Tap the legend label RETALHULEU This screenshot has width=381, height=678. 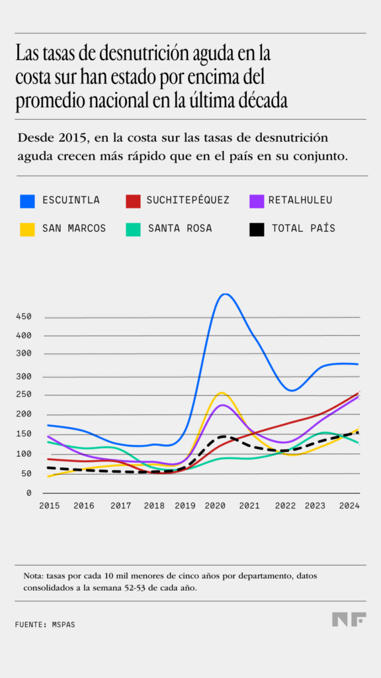tap(300, 200)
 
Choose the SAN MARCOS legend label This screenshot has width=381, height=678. tap(74, 228)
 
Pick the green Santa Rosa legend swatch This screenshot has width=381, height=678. tap(132, 229)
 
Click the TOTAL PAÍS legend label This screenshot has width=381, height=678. tap(304, 228)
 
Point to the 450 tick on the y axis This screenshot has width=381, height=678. tap(24, 316)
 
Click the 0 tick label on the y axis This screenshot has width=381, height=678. tap(29, 493)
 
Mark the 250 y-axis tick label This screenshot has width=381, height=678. tap(24, 395)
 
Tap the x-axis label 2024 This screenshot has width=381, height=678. tap(348, 506)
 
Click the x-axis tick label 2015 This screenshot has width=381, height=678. tap(49, 506)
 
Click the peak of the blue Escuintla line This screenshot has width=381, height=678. tap(225, 294)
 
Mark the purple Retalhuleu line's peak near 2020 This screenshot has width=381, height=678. tap(224, 405)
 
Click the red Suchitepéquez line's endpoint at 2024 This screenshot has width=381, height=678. tap(358, 393)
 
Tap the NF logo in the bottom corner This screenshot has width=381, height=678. tap(349, 619)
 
